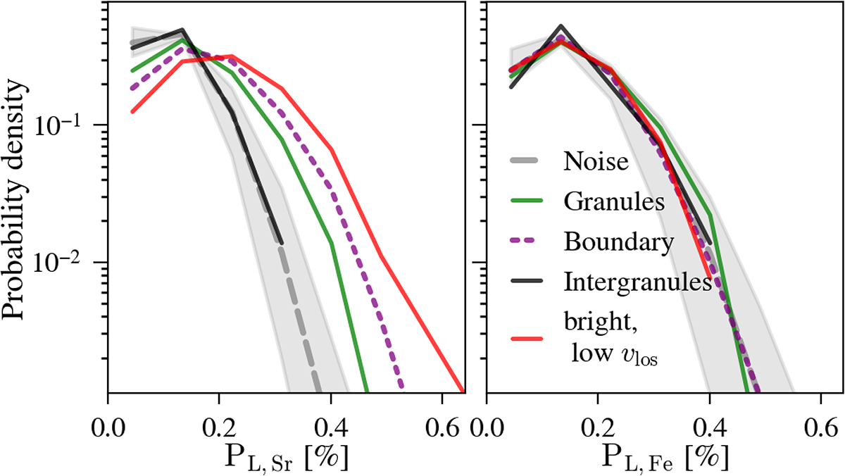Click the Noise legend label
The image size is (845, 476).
596,161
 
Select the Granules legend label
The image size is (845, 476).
614,201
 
